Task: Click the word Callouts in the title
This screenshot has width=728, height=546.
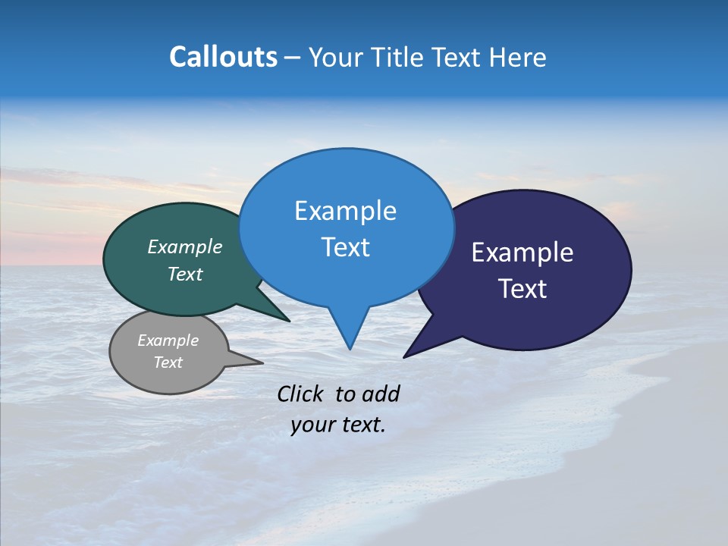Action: point(224,58)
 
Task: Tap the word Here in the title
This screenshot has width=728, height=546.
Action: point(519,58)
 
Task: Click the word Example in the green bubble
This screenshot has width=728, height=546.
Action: point(185,247)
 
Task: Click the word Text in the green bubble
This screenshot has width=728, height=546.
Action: point(185,275)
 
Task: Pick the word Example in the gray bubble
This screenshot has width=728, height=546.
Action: point(168,340)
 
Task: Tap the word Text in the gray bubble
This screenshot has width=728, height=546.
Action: point(168,362)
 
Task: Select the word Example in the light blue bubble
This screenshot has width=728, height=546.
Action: point(346,211)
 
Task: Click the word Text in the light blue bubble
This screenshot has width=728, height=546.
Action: point(346,247)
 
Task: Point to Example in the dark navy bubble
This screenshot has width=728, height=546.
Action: point(522,253)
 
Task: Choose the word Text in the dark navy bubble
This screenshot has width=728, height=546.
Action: point(522,289)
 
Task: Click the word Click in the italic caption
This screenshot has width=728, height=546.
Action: point(303,394)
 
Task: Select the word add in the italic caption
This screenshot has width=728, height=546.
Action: point(380,394)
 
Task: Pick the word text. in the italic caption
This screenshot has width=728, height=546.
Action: point(362,425)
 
